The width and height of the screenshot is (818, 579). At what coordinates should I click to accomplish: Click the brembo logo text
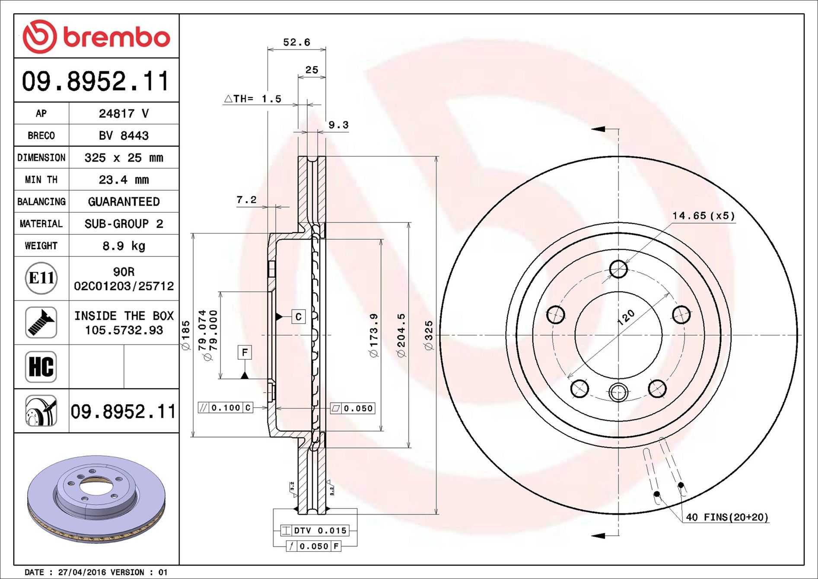pos(117,37)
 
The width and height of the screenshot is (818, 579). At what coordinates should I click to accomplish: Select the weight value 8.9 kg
pos(124,246)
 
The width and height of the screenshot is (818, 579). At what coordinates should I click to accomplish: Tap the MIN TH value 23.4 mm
pos(124,179)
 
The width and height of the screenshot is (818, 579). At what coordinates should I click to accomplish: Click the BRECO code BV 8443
pos(124,135)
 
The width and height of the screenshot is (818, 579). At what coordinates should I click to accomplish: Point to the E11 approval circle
pos(41,278)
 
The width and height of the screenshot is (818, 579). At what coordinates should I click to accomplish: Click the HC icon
pos(41,367)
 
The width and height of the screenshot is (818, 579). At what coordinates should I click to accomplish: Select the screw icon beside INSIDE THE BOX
pos(41,323)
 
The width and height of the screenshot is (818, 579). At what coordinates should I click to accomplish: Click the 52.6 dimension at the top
pos(296,42)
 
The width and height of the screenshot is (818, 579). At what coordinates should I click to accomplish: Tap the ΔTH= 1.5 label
pos(253,99)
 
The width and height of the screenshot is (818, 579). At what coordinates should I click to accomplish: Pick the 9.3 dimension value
pos(338,125)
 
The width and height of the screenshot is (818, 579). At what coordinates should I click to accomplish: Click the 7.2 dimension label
pos(246,200)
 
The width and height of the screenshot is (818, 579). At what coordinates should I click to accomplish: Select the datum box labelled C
pos(298,317)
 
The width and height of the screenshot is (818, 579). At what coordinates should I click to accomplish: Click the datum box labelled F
pos(245,352)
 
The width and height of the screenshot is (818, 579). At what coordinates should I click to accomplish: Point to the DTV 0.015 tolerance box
pos(315,531)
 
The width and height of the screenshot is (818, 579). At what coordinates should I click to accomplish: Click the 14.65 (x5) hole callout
pos(703,215)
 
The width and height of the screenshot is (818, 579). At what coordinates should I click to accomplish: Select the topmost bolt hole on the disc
pos(618,269)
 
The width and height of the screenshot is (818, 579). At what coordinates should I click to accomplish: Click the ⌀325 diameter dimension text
pos(428,335)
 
